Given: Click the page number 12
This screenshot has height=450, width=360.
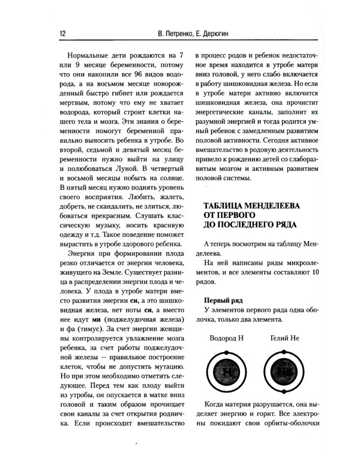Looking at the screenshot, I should coord(62,34).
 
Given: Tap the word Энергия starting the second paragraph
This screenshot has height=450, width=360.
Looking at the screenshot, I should coord(86,256).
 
